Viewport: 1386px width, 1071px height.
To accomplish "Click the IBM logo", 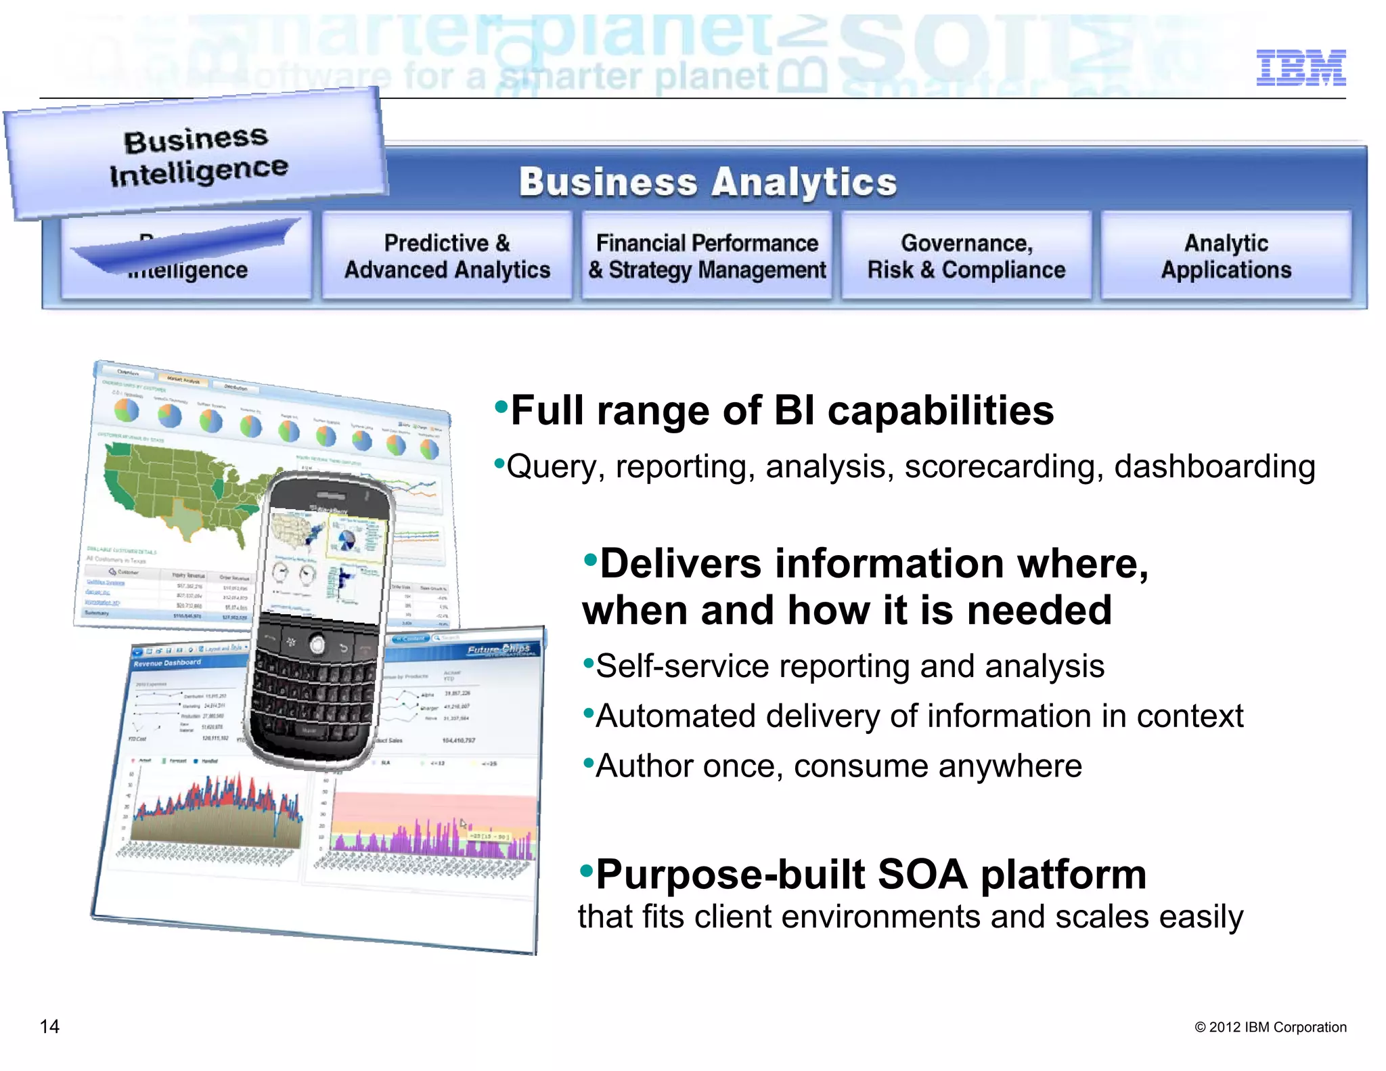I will click(x=1300, y=68).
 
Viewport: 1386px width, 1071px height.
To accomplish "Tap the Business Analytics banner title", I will click(x=707, y=182).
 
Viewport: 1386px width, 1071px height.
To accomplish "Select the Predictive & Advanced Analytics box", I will click(x=447, y=256).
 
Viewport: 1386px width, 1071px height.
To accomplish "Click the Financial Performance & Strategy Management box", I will click(x=707, y=256).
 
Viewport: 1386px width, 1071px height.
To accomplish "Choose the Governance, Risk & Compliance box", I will click(x=966, y=256).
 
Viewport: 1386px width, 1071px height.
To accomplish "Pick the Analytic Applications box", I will click(x=1226, y=256).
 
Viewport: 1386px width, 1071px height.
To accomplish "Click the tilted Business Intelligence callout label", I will click(x=198, y=156).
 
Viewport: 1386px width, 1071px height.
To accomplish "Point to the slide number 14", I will click(x=49, y=1026).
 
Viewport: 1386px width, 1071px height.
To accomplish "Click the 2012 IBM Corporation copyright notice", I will click(x=1270, y=1027).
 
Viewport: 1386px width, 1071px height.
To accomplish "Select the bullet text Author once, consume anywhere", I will click(x=838, y=766).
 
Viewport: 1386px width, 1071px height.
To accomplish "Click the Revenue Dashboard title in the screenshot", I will click(x=167, y=663).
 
